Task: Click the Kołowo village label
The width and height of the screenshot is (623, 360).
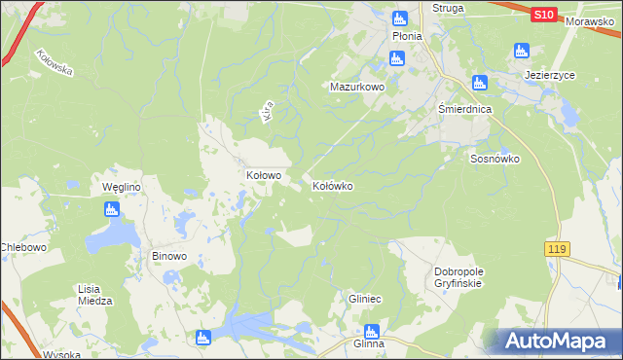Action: [x=263, y=176]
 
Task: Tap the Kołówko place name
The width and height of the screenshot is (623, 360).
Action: [x=332, y=185]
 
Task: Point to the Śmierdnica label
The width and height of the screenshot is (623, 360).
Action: [x=465, y=110]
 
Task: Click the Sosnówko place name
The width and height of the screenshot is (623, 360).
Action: [x=495, y=159]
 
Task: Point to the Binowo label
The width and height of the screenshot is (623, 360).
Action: [x=169, y=258]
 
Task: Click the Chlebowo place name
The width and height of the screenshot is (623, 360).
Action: [x=23, y=247]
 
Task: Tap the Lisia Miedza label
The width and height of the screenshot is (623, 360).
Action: [x=94, y=295]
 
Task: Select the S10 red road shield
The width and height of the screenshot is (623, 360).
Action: [x=544, y=16]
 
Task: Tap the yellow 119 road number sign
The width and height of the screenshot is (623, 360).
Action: [x=556, y=251]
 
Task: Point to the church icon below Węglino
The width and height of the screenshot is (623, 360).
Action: [x=112, y=209]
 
